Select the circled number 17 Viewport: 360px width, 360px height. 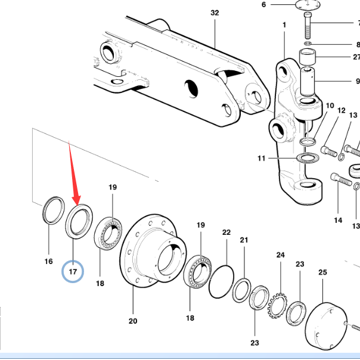tap(73, 272)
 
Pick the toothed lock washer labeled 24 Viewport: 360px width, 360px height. tap(277, 304)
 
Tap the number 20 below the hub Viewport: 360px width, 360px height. tap(132, 321)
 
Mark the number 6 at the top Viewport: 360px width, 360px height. tap(263, 5)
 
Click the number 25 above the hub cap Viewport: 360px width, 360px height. tap(322, 272)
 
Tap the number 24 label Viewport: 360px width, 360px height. tap(281, 255)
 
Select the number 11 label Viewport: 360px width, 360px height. tap(261, 159)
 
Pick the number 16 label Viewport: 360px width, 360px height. tap(49, 261)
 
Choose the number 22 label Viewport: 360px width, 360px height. tap(226, 232)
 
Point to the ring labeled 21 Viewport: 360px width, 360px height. tap(242, 290)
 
